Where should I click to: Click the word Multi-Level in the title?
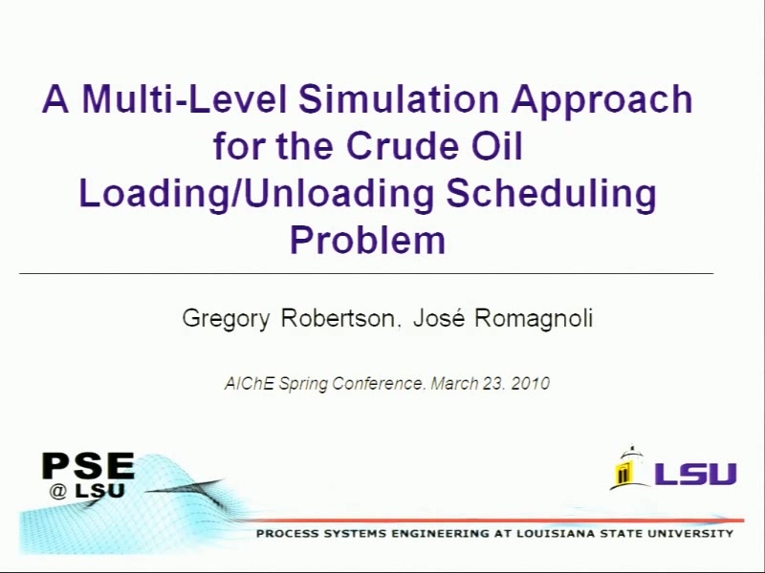click(x=185, y=99)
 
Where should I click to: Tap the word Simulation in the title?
click(x=399, y=99)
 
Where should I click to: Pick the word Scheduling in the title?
click(x=551, y=195)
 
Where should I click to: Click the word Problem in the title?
click(x=368, y=240)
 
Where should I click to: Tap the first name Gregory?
click(x=226, y=320)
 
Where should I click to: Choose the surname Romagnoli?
click(x=534, y=320)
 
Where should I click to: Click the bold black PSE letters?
click(x=88, y=466)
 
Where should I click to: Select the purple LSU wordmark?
click(x=696, y=474)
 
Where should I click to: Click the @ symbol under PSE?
click(x=58, y=492)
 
